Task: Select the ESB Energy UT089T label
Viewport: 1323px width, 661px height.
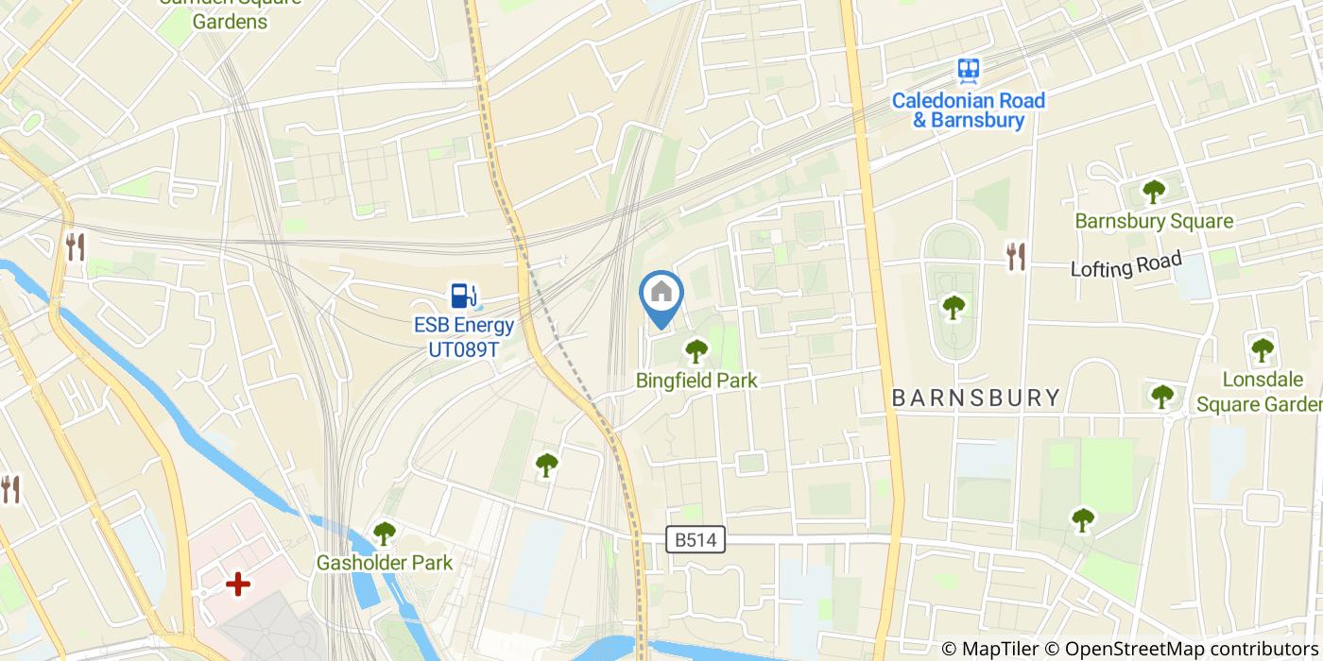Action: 464,338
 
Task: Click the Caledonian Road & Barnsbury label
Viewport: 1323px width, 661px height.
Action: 969,110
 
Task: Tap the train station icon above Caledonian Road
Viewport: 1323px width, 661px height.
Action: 968,69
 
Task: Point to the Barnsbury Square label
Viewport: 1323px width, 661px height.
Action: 1154,221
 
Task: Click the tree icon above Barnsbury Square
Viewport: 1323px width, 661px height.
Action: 1154,192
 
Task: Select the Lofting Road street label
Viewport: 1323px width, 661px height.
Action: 1125,264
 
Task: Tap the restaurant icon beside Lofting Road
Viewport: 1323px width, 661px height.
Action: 1016,255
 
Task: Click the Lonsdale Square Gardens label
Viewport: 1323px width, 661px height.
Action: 1260,392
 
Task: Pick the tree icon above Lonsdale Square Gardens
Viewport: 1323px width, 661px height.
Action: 1263,350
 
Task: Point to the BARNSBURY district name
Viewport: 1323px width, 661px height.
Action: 976,398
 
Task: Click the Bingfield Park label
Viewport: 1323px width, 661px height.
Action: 696,381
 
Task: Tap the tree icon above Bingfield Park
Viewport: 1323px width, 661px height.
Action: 696,351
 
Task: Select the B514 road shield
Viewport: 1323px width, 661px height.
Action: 696,539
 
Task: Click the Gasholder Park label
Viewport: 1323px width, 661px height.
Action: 384,563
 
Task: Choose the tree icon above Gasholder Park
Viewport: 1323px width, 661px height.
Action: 384,534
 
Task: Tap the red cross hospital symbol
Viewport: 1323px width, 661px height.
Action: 237,585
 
